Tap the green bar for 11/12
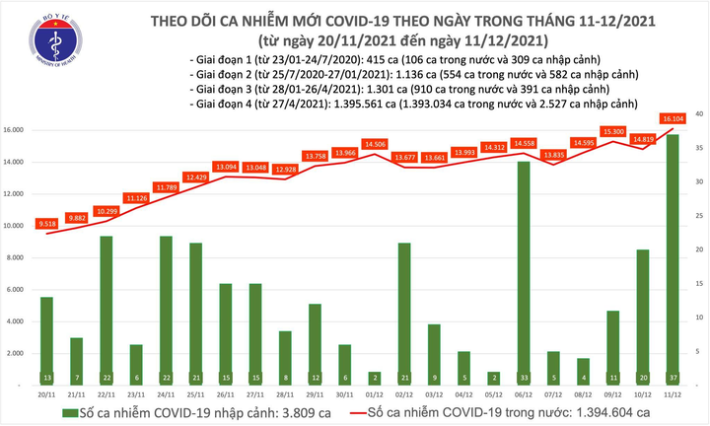(671, 256)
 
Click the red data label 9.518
(46, 223)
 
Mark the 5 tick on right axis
(695, 352)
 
